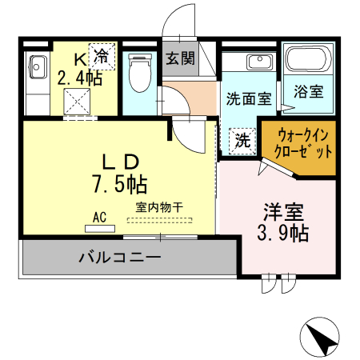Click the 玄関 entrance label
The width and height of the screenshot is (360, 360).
pyautogui.click(x=180, y=58)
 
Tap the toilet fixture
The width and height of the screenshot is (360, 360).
pyautogui.click(x=139, y=73)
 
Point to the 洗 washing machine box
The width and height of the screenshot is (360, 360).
pyautogui.click(x=242, y=141)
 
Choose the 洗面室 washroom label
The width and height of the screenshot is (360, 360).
pyautogui.click(x=248, y=100)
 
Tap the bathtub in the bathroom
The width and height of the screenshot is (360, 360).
pyautogui.click(x=308, y=61)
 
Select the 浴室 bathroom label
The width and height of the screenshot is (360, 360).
pyautogui.click(x=308, y=91)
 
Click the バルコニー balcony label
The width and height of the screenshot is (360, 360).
pyautogui.click(x=120, y=258)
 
